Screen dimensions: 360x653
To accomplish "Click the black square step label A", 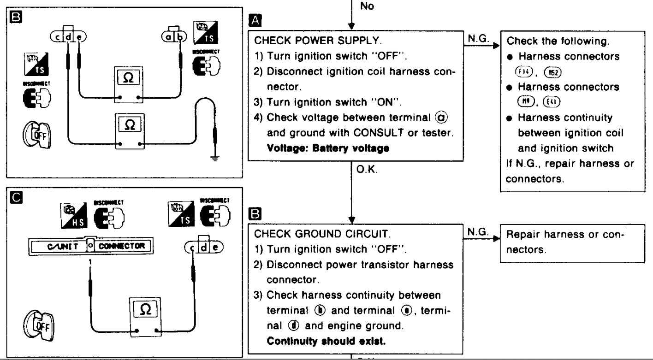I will pos(254,20).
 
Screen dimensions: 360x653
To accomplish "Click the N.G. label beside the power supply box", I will pos(475,40).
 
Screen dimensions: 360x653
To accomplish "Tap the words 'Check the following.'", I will pos(546,41).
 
